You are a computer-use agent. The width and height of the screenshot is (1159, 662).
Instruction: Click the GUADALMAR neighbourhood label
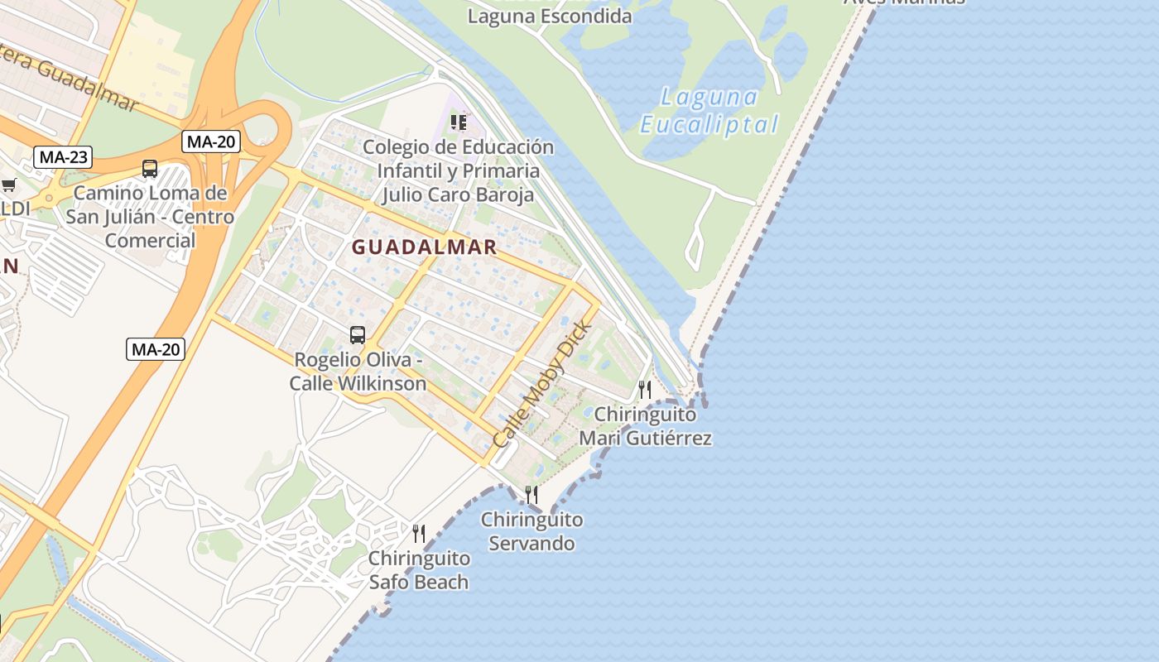[x=424, y=247]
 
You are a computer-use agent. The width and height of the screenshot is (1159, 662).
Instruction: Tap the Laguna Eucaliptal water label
[x=709, y=111]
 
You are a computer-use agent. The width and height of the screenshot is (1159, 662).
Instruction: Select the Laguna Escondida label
[x=550, y=16]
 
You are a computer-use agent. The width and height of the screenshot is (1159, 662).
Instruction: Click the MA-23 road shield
[x=64, y=156]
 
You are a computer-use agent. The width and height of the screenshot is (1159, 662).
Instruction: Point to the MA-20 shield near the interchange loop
[x=210, y=142]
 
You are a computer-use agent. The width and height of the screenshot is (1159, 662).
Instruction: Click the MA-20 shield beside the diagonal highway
[x=156, y=349]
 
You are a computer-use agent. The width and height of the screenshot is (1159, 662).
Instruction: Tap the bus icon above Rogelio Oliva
[x=358, y=335]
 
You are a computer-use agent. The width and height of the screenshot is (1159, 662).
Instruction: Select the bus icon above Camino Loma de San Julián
[x=150, y=169]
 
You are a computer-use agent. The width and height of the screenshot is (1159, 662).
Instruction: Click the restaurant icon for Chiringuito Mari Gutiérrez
[x=645, y=389]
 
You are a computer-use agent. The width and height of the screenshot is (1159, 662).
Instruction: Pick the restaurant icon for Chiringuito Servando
[x=531, y=495]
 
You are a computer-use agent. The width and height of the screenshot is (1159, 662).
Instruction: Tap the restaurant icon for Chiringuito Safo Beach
[x=419, y=533]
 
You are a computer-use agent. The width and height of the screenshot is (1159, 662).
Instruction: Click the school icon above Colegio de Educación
[x=458, y=123]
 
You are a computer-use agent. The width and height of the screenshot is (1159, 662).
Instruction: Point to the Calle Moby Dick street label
[x=542, y=384]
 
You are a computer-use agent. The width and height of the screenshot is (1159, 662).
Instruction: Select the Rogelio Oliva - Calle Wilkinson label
[x=358, y=372]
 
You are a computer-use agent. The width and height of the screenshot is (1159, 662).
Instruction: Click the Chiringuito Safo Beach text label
[x=419, y=570]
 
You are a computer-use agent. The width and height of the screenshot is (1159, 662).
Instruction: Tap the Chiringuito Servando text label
[x=531, y=532]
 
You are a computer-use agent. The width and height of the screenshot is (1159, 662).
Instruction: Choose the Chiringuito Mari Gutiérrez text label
[x=645, y=425]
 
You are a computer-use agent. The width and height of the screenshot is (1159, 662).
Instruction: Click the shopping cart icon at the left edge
[x=8, y=185]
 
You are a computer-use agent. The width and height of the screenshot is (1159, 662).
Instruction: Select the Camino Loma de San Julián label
[x=150, y=217]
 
